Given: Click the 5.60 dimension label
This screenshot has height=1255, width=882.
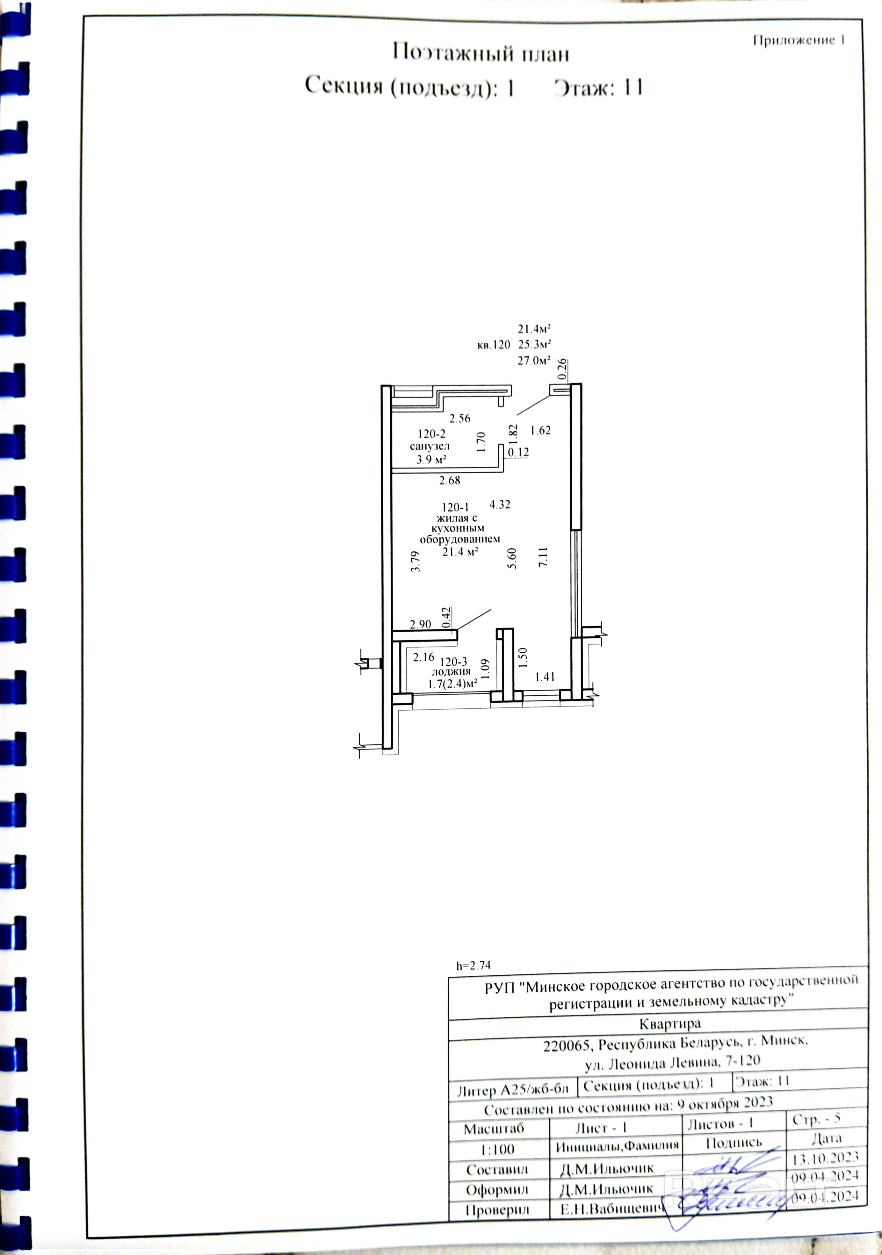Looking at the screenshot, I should click(512, 558).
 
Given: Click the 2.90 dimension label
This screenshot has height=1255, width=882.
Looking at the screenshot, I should click(421, 624).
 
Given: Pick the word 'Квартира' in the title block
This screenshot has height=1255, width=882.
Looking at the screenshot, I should click(669, 1022).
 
